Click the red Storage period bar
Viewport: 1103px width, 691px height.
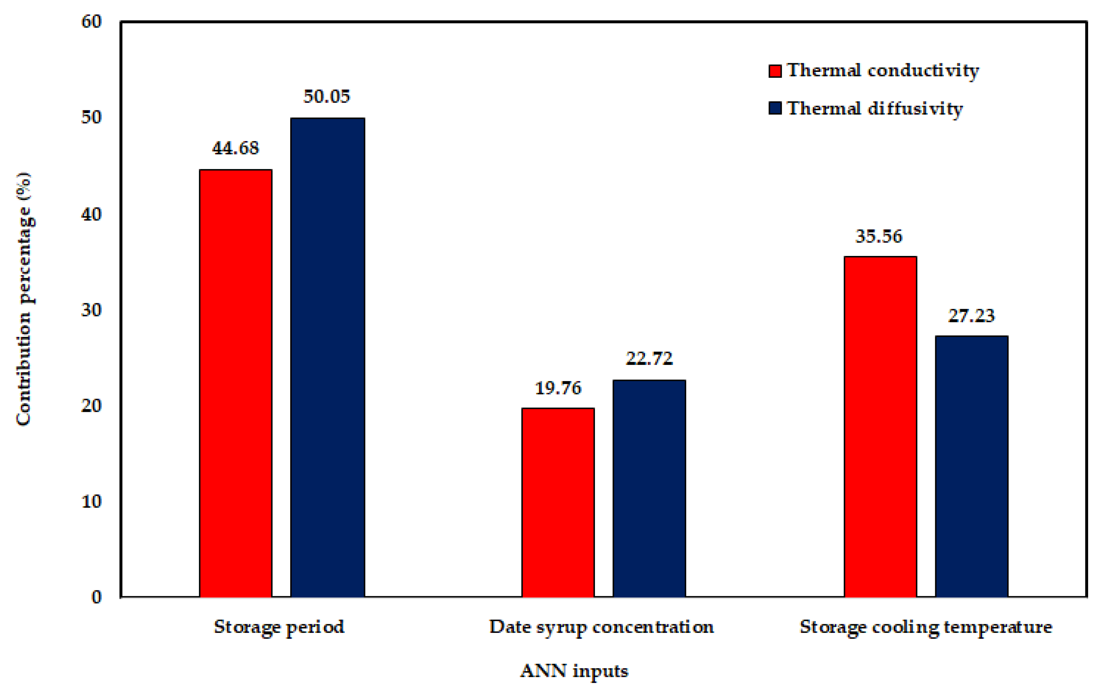coord(236,383)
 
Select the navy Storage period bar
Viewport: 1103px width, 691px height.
coord(328,357)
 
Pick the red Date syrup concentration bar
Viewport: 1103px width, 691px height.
coord(558,502)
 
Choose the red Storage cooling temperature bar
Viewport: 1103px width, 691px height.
coord(881,426)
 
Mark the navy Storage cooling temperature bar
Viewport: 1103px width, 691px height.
coord(972,466)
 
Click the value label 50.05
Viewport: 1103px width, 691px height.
coord(327,96)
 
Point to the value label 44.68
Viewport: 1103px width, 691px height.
coord(235,148)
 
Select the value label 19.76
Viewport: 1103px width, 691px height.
coord(558,388)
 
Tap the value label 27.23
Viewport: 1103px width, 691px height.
coord(972,316)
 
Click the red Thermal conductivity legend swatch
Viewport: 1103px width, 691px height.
coord(775,71)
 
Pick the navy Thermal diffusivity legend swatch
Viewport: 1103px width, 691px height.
coord(775,108)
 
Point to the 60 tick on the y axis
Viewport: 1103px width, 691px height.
coord(91,21)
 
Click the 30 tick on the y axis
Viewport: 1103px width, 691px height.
coord(91,310)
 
